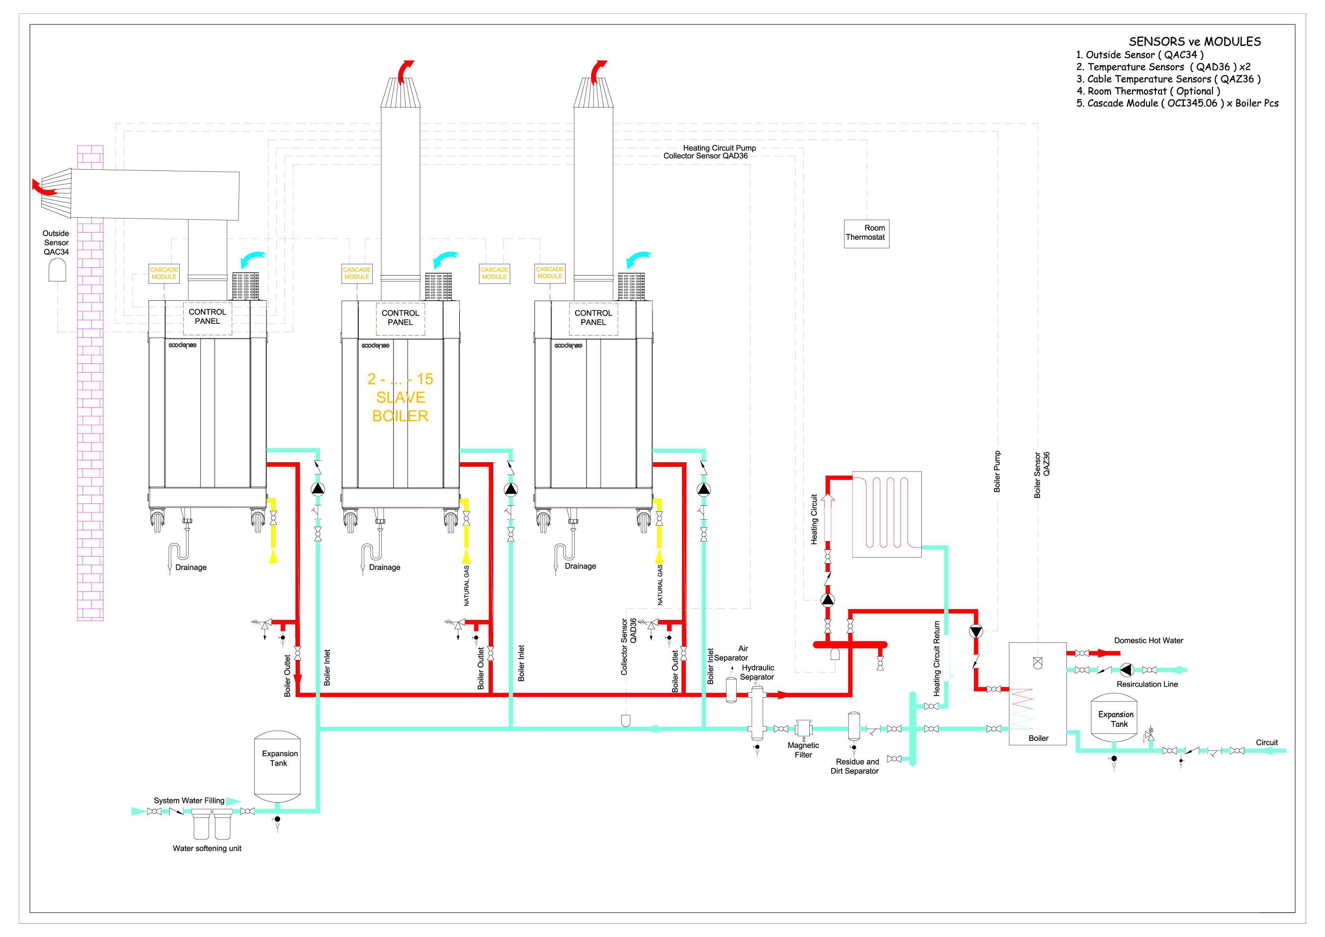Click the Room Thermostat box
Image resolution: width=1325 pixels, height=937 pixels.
[866, 234]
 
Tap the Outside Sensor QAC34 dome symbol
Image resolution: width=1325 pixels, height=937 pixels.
[57, 270]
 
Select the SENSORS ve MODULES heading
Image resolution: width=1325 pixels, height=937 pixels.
[1195, 42]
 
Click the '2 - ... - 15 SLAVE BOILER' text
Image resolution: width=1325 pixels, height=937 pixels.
[401, 397]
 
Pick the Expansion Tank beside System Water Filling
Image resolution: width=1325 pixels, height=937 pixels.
[277, 767]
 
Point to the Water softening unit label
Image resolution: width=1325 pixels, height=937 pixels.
[207, 848]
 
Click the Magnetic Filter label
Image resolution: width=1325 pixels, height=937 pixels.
[803, 750]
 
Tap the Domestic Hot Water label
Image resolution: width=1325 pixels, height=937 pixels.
[1149, 640]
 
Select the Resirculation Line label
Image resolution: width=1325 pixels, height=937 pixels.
[1147, 684]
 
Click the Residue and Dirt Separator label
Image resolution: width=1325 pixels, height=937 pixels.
[855, 766]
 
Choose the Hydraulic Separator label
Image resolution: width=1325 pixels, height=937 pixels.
[757, 672]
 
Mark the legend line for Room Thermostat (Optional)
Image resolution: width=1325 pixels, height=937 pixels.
[1149, 91]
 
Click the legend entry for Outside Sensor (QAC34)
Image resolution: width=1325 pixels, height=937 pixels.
[1140, 55]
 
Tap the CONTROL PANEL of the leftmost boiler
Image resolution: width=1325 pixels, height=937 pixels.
[207, 317]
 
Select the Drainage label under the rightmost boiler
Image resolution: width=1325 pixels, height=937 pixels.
[581, 566]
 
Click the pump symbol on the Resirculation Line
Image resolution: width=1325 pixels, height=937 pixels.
[1127, 670]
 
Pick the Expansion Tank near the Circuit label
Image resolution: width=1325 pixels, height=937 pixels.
[1114, 718]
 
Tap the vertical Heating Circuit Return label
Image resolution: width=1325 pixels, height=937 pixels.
[937, 658]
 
